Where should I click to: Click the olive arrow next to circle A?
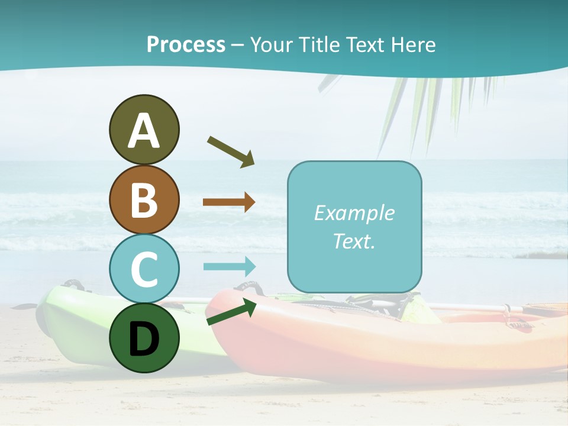coord(231,151)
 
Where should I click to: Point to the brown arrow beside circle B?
coord(229,202)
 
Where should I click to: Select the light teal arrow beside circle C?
coord(229,266)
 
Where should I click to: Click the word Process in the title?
coord(186,44)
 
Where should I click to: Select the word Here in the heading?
coord(412,44)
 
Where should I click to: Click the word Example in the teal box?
coord(354,213)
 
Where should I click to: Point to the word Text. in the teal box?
coord(354,241)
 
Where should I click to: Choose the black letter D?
coord(144,339)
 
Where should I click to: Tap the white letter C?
coord(144,269)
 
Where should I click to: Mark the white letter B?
coord(144,200)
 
